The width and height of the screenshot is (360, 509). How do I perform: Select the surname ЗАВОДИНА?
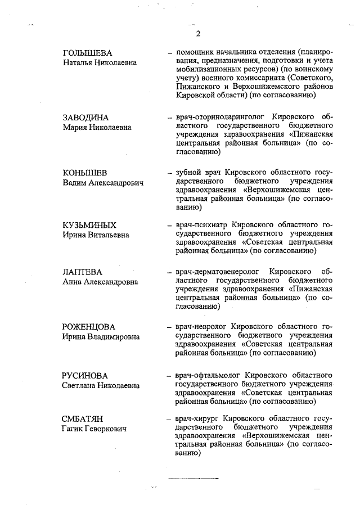85,118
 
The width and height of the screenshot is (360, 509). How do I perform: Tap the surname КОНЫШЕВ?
84,172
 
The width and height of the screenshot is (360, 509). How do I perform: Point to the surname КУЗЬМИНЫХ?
89,226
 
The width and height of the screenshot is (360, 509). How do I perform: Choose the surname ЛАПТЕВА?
83,272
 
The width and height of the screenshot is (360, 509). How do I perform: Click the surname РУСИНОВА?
85,375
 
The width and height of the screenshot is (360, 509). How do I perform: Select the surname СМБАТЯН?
83,419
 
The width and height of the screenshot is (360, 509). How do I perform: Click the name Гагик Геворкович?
94,429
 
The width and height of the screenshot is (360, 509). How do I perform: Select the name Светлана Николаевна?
101,385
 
